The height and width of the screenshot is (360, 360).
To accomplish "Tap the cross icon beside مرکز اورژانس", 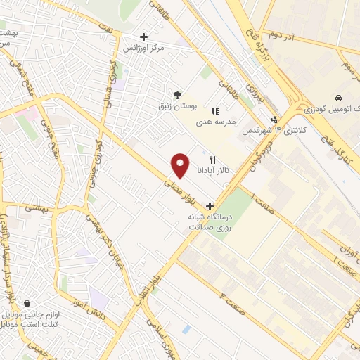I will click(x=144, y=37).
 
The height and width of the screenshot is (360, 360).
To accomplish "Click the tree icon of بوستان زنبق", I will click(x=177, y=95).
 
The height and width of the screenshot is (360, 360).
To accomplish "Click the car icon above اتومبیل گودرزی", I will click(x=339, y=97).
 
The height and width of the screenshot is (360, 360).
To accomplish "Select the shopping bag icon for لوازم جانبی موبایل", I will click(x=27, y=303).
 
